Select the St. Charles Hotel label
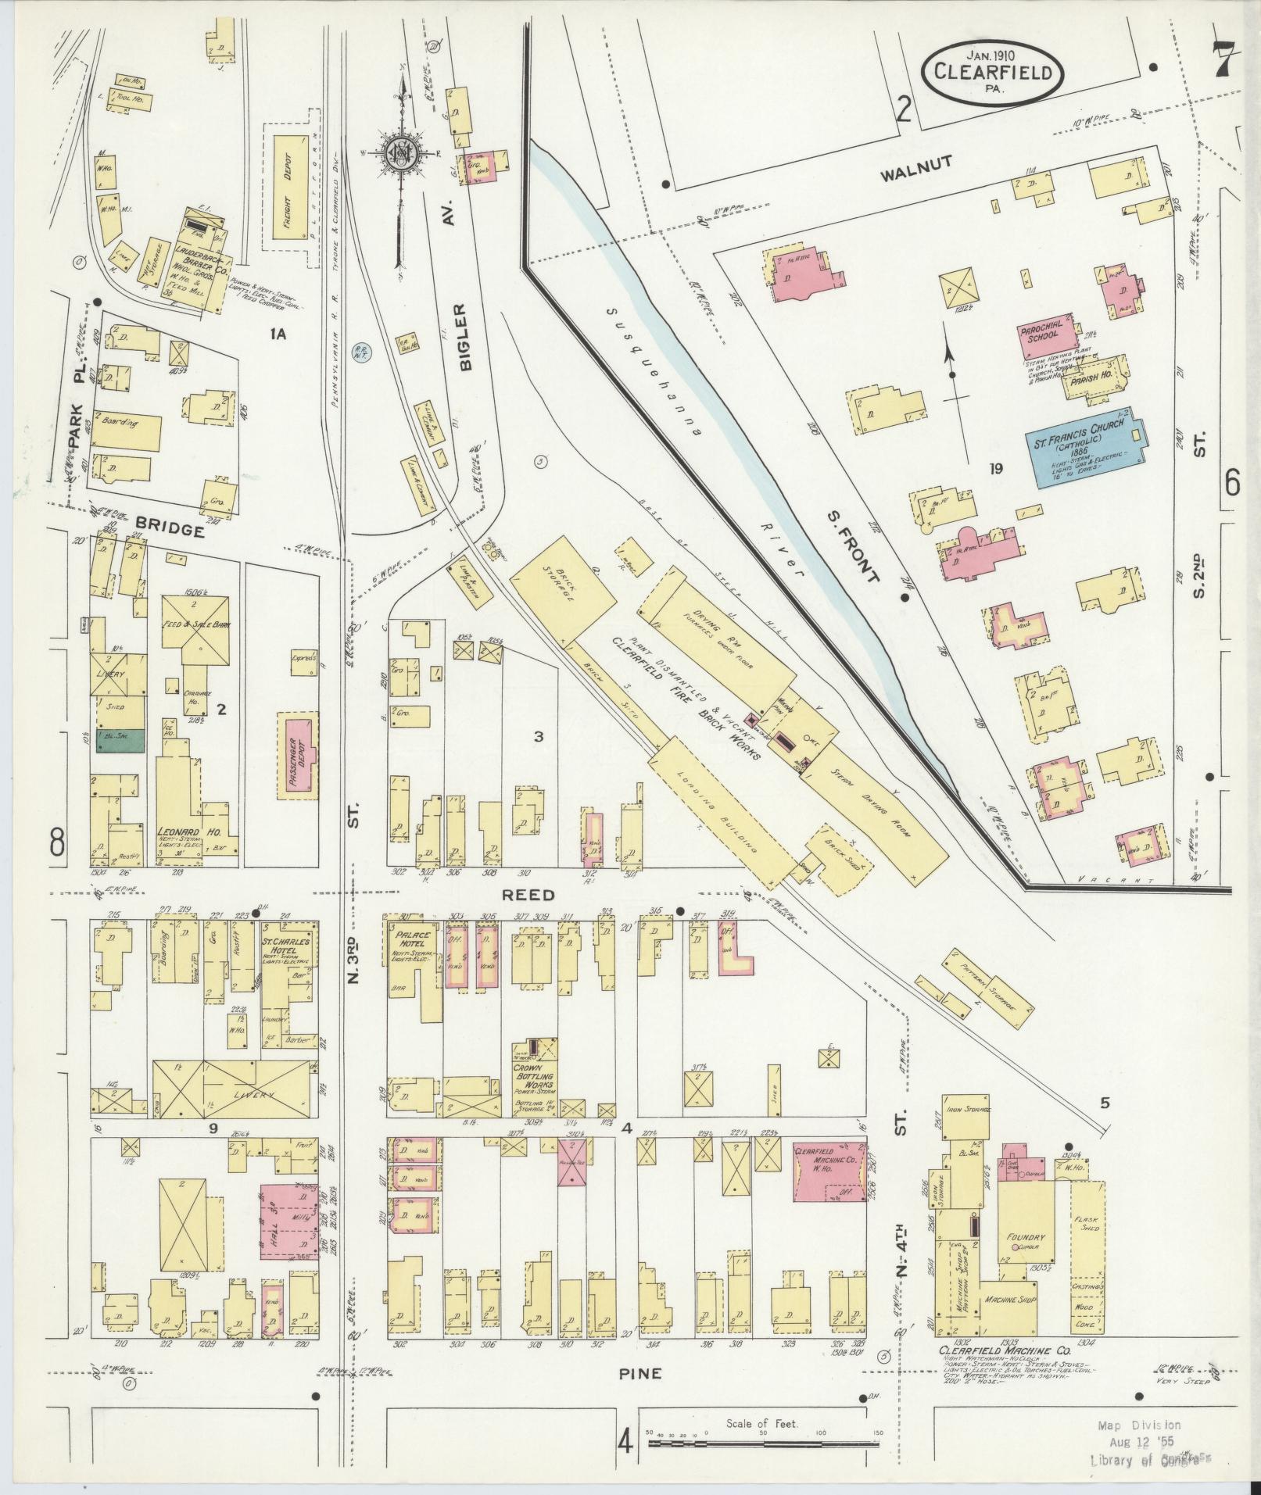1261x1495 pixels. click(286, 946)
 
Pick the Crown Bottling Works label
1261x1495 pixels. click(534, 1072)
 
